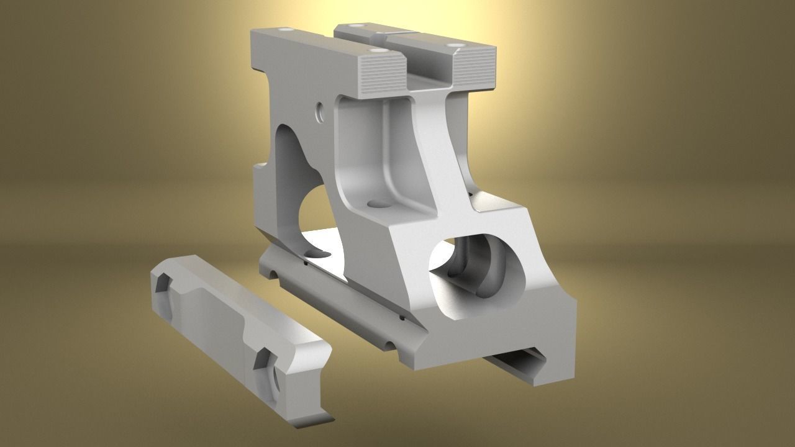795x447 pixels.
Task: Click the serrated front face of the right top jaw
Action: click(475, 68)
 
